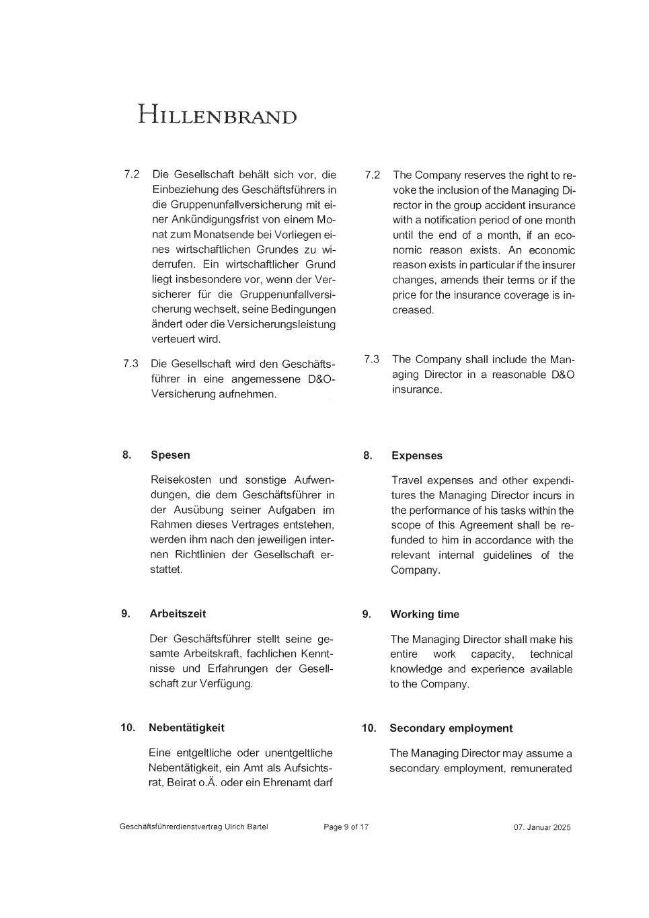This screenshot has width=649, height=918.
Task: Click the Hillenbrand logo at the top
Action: [217, 114]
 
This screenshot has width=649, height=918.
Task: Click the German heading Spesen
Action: [170, 455]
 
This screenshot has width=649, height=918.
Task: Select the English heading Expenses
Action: [417, 456]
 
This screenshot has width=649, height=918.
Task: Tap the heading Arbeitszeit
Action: [178, 614]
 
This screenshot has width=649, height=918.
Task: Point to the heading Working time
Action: [424, 615]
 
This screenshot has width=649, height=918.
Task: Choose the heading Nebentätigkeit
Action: [186, 728]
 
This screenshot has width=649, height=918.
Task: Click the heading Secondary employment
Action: [451, 728]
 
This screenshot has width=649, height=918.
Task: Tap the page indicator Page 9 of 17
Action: [346, 827]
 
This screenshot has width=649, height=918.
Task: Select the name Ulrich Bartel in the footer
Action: [246, 827]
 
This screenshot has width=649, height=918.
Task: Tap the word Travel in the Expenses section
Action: [407, 481]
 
